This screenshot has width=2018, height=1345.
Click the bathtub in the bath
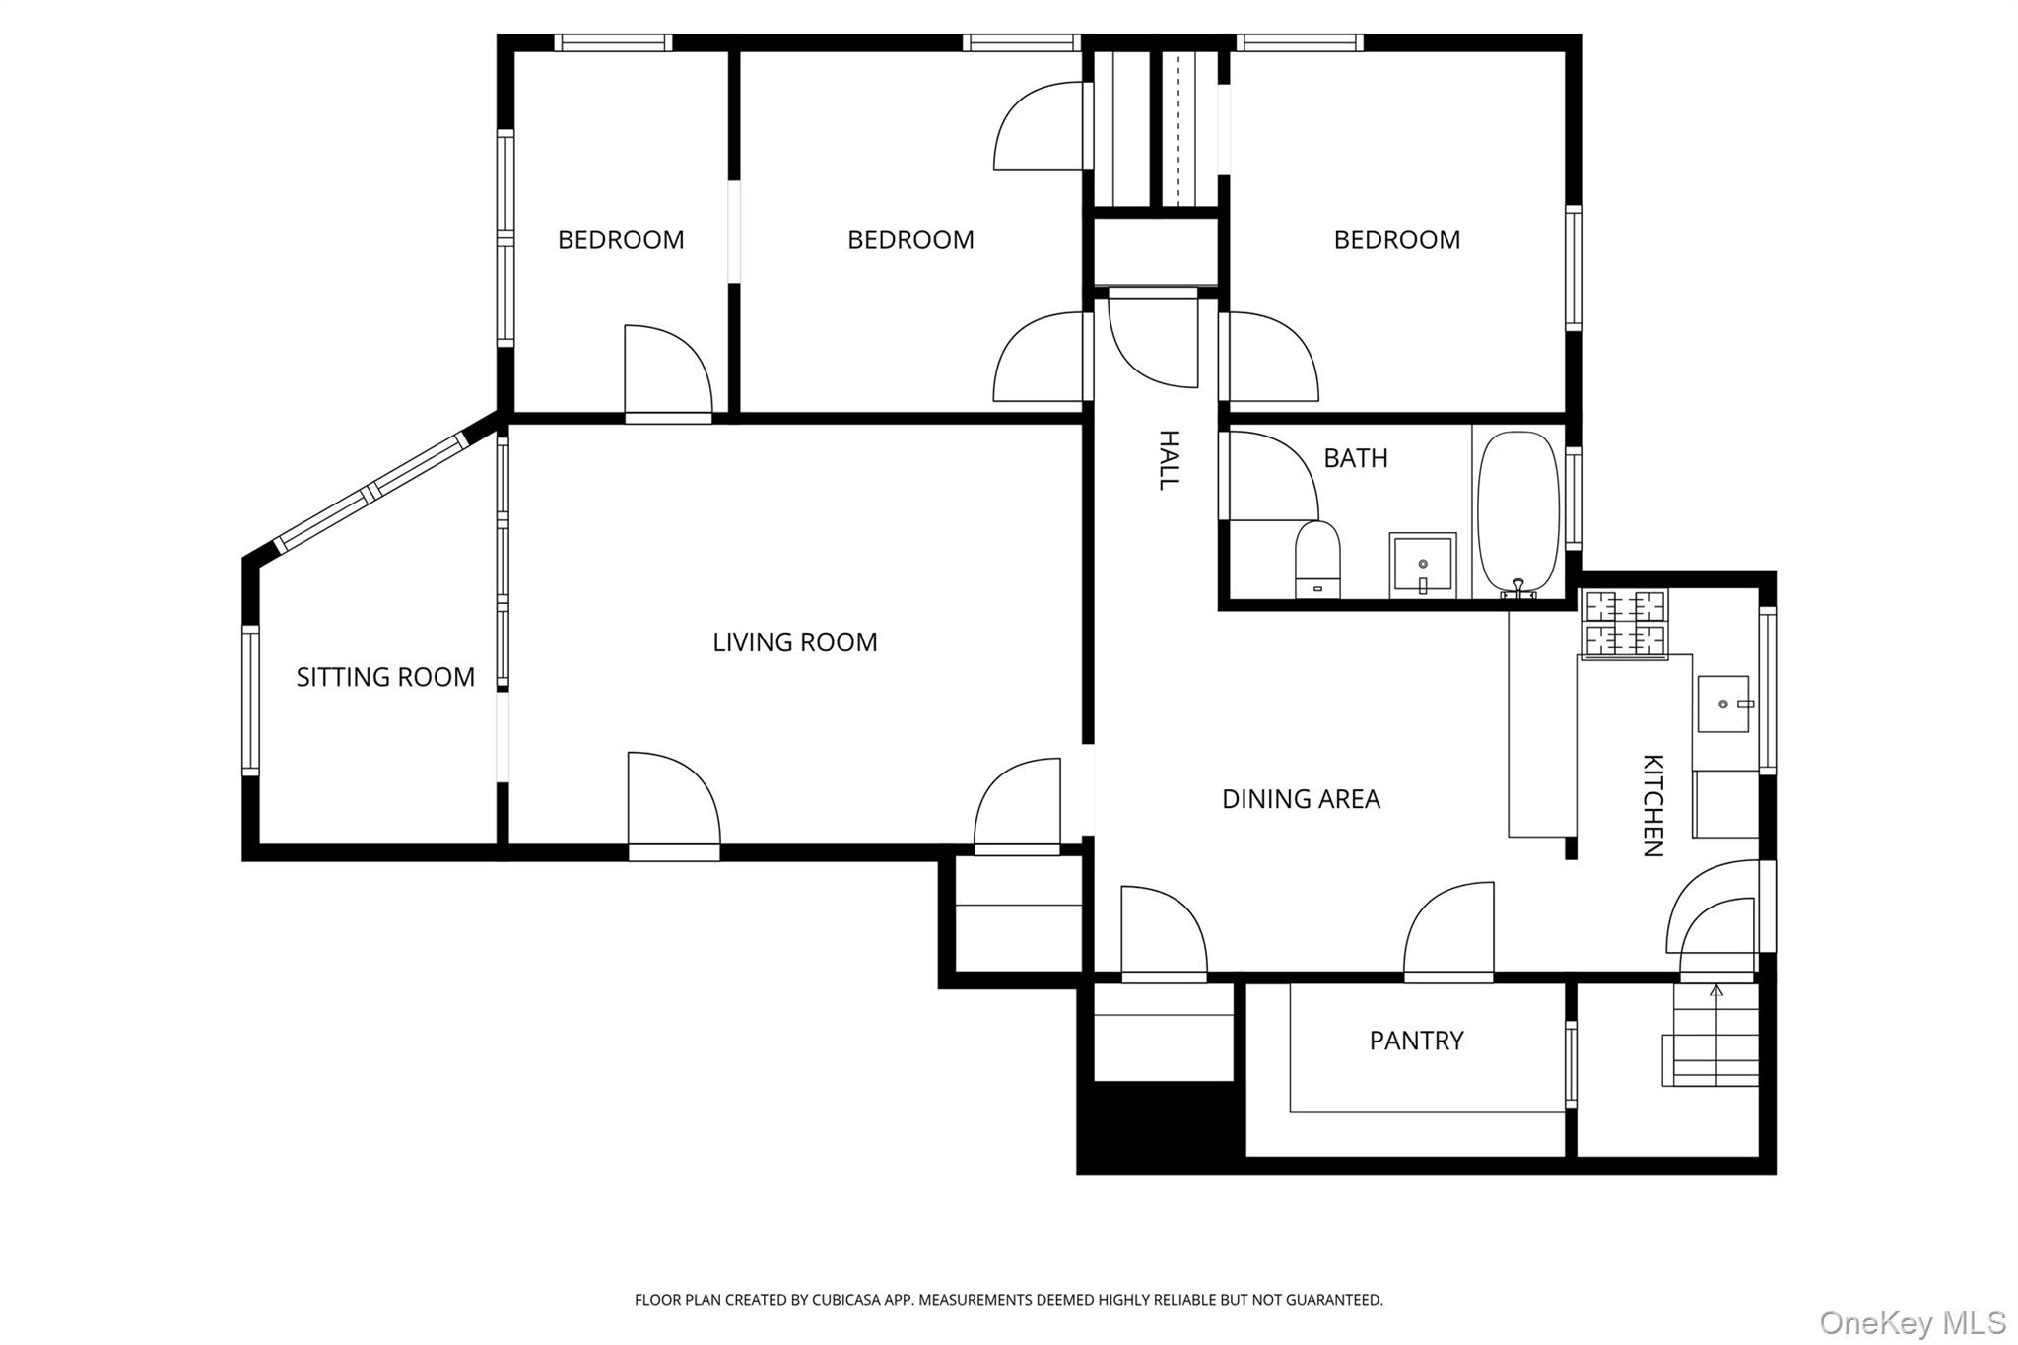tap(1518, 511)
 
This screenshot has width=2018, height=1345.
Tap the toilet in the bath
tap(1317, 562)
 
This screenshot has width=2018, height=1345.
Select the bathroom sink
tap(1422, 566)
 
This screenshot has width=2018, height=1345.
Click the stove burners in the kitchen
tap(1625, 624)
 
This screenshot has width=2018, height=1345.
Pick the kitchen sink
tap(1722, 704)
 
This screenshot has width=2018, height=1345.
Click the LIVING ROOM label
tap(794, 642)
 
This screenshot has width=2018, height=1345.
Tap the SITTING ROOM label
tap(385, 677)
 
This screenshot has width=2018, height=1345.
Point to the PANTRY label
tap(1416, 1041)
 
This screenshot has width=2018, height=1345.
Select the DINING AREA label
tap(1301, 799)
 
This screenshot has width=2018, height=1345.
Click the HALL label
tap(1168, 459)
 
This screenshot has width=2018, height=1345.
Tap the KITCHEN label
tap(1652, 805)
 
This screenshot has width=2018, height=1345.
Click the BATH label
tap(1355, 458)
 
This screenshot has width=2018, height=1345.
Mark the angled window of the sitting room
tap(371, 492)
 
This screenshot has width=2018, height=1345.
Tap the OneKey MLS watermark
tap(1912, 1321)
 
